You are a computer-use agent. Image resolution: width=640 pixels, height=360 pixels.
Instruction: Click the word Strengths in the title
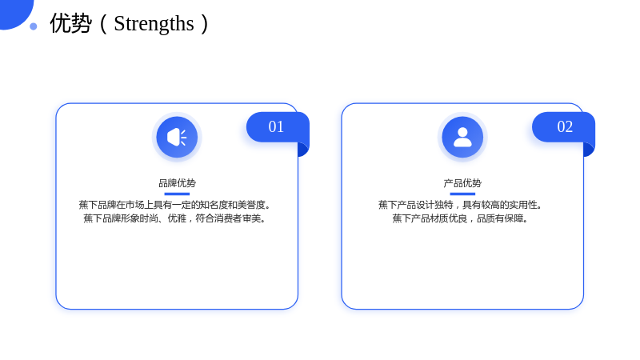[154, 24]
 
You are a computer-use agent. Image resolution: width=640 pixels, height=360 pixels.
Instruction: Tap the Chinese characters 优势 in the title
[70, 23]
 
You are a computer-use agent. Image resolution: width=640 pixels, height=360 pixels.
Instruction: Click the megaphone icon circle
[177, 137]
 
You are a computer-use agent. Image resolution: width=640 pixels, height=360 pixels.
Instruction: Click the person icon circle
[462, 137]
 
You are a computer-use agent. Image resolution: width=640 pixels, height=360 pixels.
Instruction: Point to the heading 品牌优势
[177, 183]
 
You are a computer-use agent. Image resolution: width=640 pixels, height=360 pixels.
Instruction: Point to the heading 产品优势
[462, 183]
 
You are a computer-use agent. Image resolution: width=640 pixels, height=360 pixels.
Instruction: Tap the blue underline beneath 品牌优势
[177, 194]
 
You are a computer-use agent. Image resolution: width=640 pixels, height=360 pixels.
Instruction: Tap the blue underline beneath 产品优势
[462, 194]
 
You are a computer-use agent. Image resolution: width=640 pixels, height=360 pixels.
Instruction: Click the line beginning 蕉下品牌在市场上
[174, 205]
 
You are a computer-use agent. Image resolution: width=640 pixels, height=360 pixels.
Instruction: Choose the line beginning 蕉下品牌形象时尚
[174, 218]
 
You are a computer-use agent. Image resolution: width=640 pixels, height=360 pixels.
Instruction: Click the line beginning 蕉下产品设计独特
[460, 205]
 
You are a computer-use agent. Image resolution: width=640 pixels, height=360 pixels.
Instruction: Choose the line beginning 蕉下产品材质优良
[460, 218]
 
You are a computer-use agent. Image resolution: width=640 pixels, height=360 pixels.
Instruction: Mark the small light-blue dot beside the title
[34, 26]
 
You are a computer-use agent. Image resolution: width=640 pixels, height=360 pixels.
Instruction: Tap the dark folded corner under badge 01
[303, 150]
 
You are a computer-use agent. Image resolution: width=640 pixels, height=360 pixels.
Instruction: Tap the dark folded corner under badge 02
[589, 150]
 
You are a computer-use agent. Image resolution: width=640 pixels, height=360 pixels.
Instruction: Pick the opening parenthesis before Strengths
[104, 24]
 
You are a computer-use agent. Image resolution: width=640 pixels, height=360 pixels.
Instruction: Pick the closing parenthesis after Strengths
[205, 24]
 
